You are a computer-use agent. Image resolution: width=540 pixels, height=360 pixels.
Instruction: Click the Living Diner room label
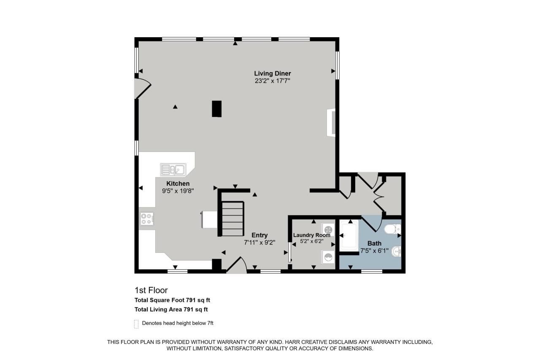pyautogui.click(x=272, y=73)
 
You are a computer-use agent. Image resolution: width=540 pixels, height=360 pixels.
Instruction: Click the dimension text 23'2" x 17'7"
pyautogui.click(x=272, y=81)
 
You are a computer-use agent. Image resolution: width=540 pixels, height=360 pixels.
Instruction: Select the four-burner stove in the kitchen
pyautogui.click(x=147, y=219)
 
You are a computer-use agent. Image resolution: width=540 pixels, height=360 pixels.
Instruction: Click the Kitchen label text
pyautogui.click(x=178, y=184)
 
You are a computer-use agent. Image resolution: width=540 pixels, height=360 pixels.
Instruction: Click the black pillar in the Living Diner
pyautogui.click(x=217, y=108)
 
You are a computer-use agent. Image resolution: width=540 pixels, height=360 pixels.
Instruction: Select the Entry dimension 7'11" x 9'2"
pyautogui.click(x=259, y=243)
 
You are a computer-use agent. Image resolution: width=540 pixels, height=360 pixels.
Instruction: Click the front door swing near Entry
pyautogui.click(x=236, y=266)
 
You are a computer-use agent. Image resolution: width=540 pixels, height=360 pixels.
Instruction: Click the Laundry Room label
pyautogui.click(x=311, y=235)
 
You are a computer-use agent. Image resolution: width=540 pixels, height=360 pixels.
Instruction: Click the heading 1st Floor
pyautogui.click(x=151, y=290)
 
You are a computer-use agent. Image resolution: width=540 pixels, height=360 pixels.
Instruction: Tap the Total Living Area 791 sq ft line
pyautogui.click(x=171, y=309)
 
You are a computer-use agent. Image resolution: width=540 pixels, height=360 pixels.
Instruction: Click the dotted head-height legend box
pyautogui.click(x=136, y=324)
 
